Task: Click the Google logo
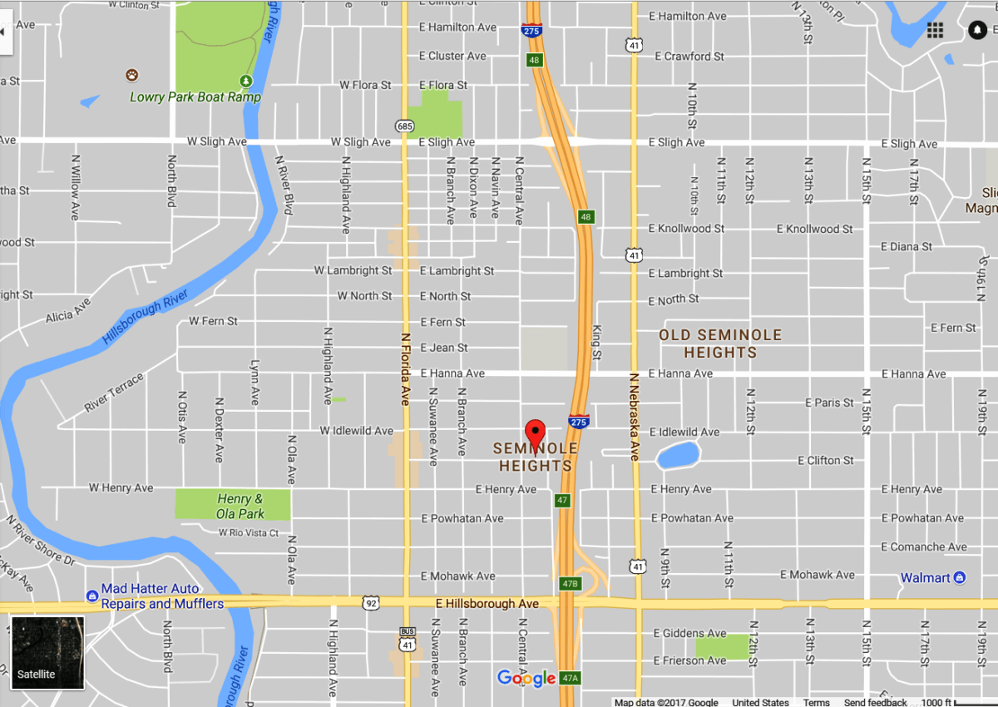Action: pyautogui.click(x=526, y=679)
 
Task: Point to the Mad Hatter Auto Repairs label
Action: pyautogui.click(x=161, y=596)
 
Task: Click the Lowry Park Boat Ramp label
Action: pyautogui.click(x=195, y=96)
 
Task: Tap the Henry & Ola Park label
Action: pyautogui.click(x=240, y=506)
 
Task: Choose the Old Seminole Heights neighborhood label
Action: pyautogui.click(x=720, y=344)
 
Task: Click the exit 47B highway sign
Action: pyautogui.click(x=570, y=584)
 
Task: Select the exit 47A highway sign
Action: pyautogui.click(x=570, y=678)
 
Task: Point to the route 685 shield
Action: pyautogui.click(x=405, y=126)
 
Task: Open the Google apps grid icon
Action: pyautogui.click(x=935, y=31)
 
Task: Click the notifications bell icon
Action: pyautogui.click(x=976, y=31)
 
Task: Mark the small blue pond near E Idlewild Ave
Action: pyautogui.click(x=677, y=456)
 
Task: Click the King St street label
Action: pyautogui.click(x=596, y=342)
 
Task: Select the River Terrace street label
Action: pyautogui.click(x=114, y=393)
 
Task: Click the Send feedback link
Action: pyautogui.click(x=876, y=702)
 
